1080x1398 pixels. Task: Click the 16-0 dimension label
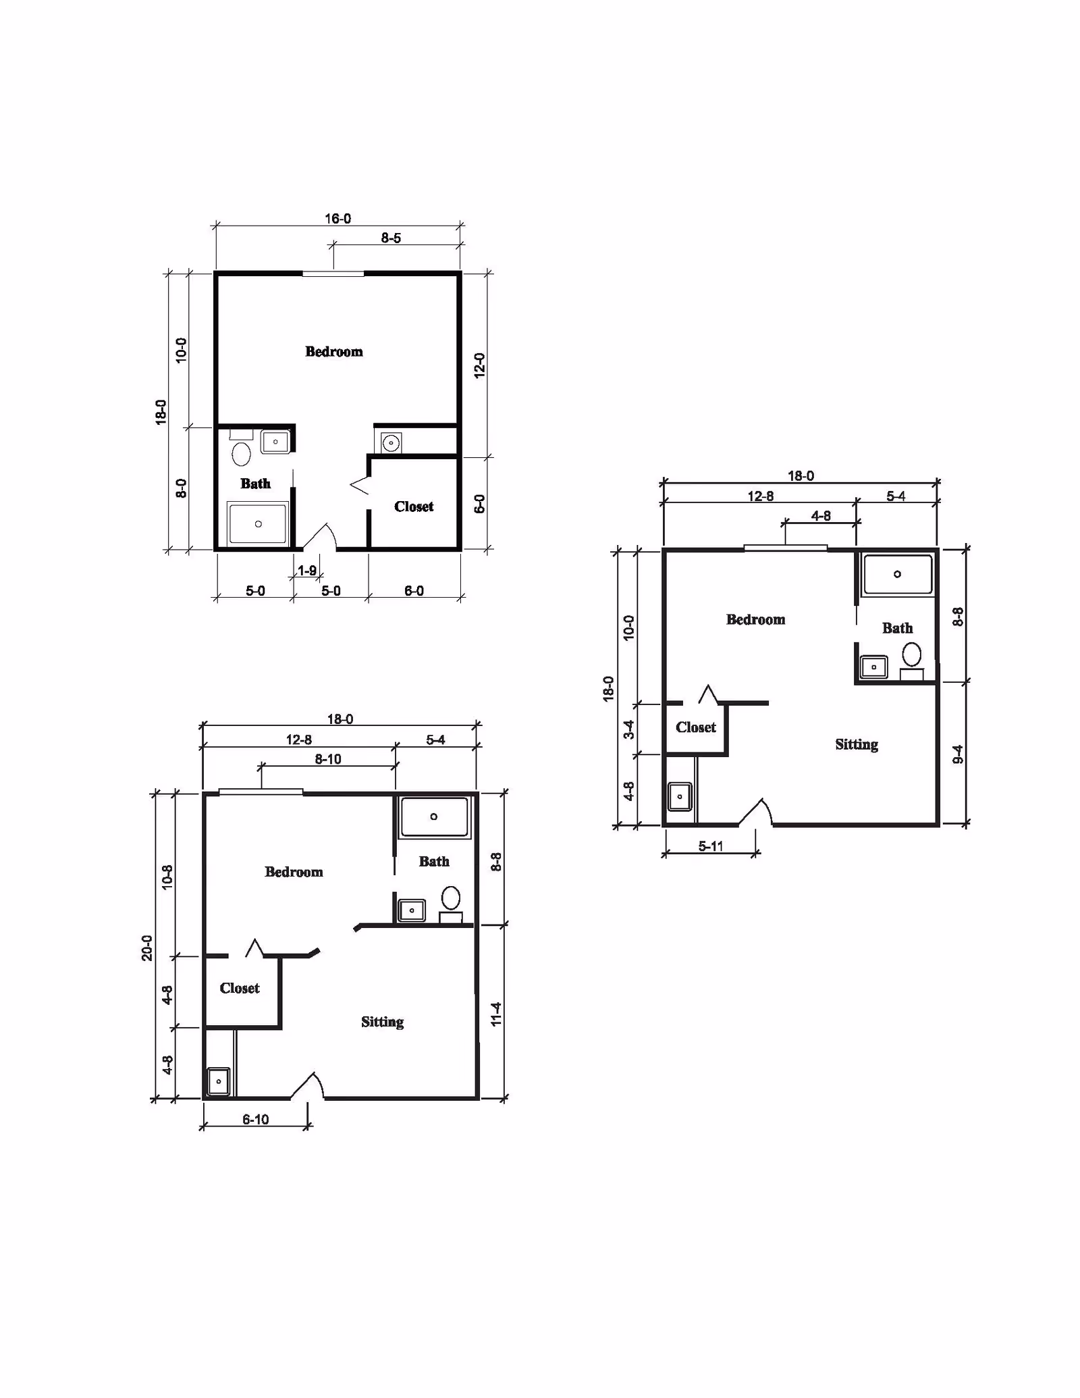point(337,219)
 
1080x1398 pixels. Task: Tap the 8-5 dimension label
point(391,238)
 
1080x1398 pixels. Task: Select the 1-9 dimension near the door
point(307,571)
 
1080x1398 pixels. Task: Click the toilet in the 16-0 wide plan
point(241,453)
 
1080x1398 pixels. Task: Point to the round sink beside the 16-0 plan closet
point(390,443)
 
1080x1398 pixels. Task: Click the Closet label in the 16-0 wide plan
point(414,507)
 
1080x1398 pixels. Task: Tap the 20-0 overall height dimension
point(147,948)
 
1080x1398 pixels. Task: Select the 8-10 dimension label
point(328,759)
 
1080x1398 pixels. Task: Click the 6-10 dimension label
point(256,1119)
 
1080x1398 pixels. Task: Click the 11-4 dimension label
point(496,1014)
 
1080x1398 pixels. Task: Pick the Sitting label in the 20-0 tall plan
point(382,1022)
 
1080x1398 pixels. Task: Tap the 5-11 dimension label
point(711,846)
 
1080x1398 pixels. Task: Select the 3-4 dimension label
point(628,729)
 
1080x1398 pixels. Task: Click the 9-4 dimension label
point(957,754)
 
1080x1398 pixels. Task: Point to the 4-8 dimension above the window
point(821,516)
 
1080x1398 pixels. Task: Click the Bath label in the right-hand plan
point(897,628)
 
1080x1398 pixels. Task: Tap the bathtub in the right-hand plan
point(897,574)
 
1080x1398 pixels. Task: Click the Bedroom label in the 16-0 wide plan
point(334,351)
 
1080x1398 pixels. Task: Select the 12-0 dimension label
point(480,365)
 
